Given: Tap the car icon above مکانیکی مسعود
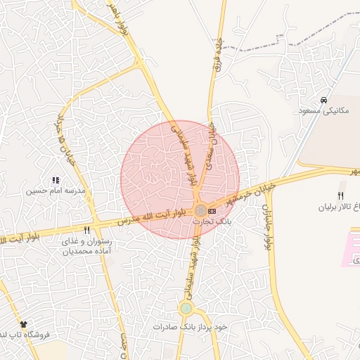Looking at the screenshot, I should click(323, 101).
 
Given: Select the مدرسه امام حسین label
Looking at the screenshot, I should click(56, 191).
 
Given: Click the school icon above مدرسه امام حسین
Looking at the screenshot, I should click(56, 181).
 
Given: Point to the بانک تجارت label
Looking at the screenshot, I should click(212, 221).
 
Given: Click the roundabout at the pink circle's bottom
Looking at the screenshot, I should click(200, 210).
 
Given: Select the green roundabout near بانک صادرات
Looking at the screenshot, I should click(186, 308).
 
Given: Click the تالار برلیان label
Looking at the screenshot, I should click(339, 207).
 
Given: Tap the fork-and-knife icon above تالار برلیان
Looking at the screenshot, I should click(341, 195).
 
